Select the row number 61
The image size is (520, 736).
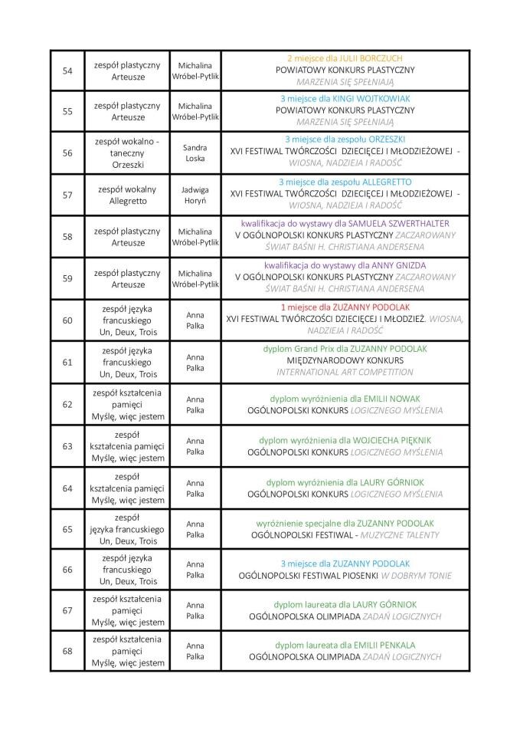tap(67, 361)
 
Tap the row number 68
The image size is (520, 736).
tap(67, 651)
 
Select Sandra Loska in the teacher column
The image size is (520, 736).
tap(195, 153)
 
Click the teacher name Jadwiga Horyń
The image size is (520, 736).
tap(195, 195)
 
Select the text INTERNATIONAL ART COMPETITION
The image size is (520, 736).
tap(345, 373)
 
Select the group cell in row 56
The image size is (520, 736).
tap(128, 153)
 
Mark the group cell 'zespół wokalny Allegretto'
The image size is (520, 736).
tap(128, 195)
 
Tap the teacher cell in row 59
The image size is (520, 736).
tap(195, 278)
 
